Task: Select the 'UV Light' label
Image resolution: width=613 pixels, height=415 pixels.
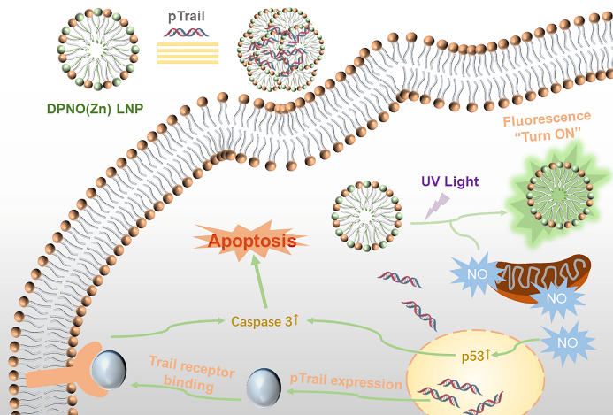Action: [449, 181]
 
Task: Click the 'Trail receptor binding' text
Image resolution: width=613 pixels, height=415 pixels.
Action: [192, 373]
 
